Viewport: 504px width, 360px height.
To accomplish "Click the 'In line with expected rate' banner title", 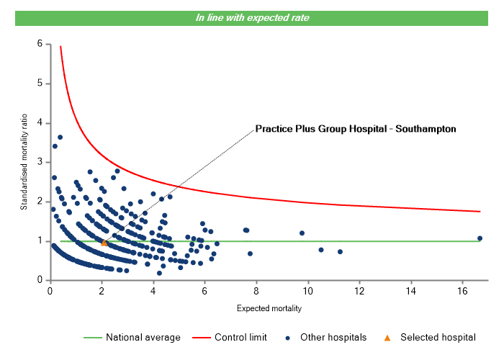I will tap(253, 18).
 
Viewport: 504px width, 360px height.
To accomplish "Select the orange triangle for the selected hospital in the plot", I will tap(104, 243).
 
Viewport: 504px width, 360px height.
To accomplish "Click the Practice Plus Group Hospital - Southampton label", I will tap(356, 130).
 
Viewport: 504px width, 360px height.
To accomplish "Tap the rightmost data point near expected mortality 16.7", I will tap(480, 238).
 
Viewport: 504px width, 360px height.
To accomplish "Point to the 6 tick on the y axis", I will tap(39, 44).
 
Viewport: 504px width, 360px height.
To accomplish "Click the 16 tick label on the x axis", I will tap(461, 291).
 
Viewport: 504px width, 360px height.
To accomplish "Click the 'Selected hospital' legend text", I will tap(438, 337).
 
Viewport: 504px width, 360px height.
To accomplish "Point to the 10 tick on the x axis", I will tap(307, 291).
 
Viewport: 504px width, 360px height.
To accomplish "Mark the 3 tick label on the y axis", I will tap(39, 162).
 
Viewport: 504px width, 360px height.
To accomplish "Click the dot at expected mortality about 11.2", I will tap(340, 252).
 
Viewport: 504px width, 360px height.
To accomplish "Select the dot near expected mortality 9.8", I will tap(302, 233).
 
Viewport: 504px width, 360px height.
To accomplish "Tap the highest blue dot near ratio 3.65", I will tap(60, 137).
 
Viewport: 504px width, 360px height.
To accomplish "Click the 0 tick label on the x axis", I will tap(50, 291).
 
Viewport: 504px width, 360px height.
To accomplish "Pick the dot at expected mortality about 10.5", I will tap(320, 250).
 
